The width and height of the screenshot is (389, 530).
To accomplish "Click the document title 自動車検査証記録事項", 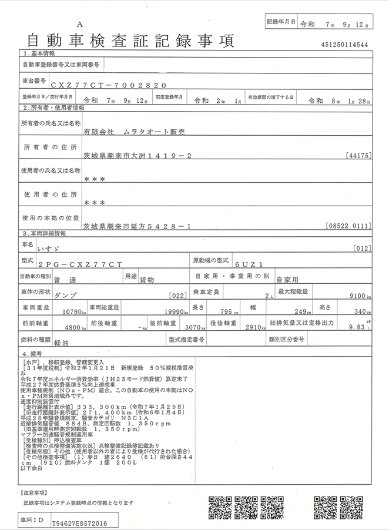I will pos(130,41).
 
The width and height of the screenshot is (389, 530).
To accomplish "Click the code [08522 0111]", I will pos(347,225).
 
